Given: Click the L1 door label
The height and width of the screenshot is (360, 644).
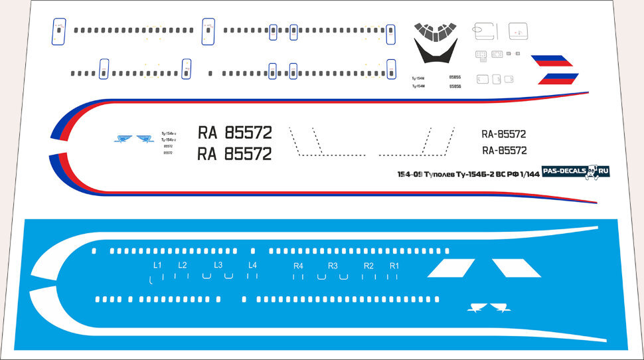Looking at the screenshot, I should [x=157, y=265].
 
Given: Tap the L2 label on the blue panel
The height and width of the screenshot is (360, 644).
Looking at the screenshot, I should [x=183, y=265].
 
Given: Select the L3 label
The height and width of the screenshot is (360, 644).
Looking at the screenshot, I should [x=218, y=265].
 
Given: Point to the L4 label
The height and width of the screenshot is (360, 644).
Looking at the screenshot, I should [x=252, y=265].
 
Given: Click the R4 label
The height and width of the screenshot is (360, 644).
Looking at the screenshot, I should [x=299, y=266].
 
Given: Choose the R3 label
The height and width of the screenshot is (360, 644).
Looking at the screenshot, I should [x=333, y=266].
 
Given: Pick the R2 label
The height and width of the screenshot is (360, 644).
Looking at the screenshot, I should [x=368, y=266].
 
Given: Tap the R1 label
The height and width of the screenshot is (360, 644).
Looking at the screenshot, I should [x=394, y=266].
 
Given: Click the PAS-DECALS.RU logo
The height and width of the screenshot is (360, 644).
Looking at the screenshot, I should [x=576, y=171].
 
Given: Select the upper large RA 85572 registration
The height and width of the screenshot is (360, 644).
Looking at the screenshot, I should [x=235, y=132].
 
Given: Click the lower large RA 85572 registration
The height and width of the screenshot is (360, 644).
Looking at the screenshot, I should [x=235, y=154].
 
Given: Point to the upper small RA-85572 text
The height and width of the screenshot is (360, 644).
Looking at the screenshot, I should [x=504, y=134].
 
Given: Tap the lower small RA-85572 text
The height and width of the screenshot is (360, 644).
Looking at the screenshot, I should [x=504, y=150].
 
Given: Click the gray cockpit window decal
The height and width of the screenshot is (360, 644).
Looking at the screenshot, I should [x=435, y=30].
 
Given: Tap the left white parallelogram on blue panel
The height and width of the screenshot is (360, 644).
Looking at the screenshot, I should [x=451, y=268].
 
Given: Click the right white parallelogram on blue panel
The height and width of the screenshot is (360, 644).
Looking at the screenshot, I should [x=517, y=268].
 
